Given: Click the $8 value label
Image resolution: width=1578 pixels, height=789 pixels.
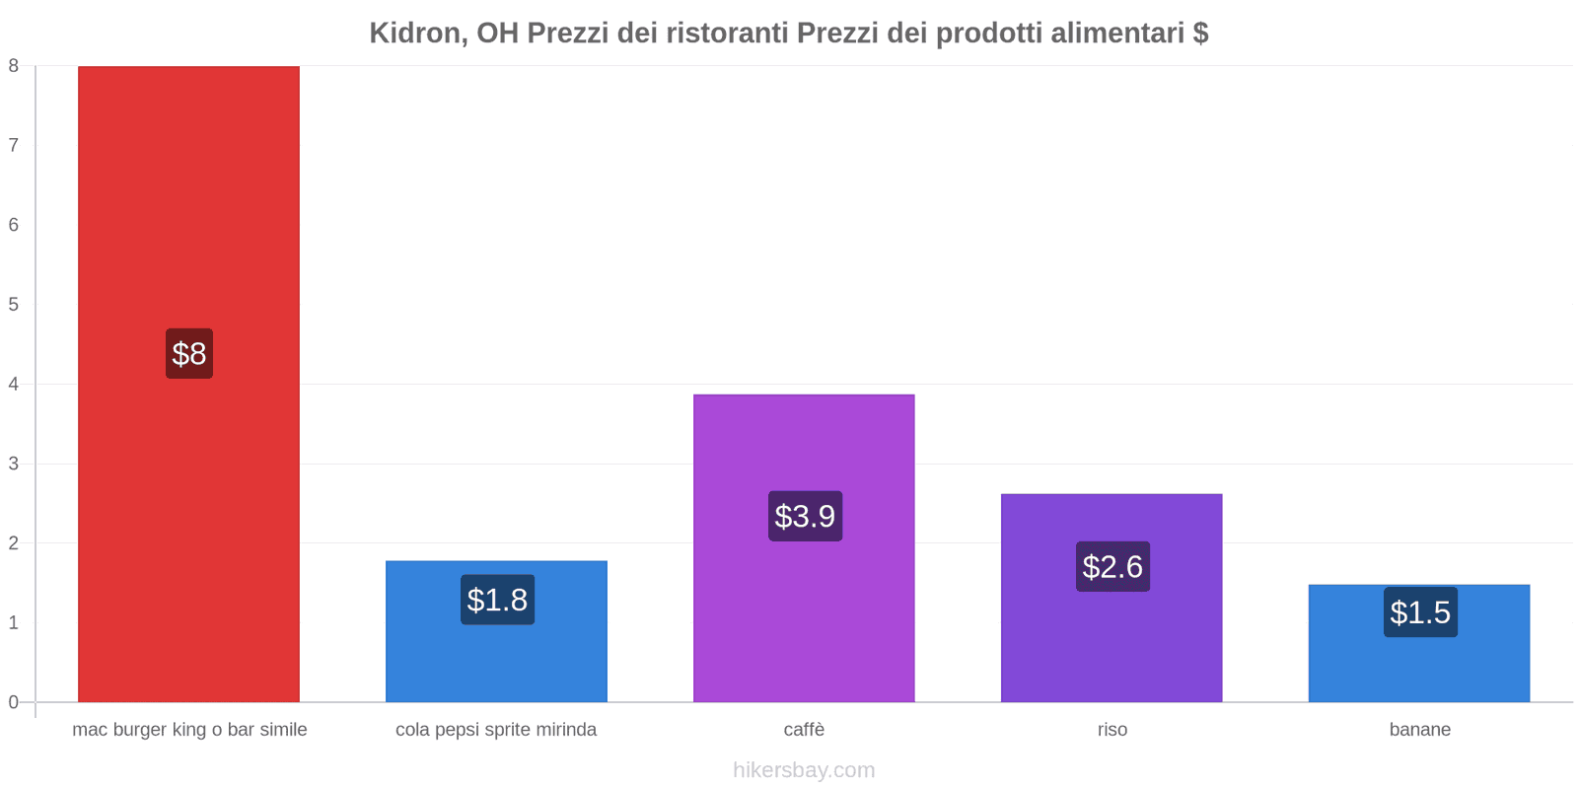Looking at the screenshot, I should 189,353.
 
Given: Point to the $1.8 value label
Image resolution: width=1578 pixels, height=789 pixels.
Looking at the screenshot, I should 497,600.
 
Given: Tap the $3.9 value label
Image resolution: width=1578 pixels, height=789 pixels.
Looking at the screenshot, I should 805,516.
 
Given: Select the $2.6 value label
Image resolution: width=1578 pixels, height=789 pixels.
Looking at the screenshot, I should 1112,566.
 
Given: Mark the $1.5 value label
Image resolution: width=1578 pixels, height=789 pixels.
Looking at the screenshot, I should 1420,612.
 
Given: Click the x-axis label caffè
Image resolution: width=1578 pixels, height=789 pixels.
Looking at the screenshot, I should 804,730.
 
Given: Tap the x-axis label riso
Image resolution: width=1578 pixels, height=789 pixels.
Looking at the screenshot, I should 1112,730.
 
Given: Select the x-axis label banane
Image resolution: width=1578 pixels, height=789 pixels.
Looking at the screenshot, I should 1419,730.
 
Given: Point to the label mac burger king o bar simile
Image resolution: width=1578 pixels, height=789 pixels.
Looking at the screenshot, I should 189,730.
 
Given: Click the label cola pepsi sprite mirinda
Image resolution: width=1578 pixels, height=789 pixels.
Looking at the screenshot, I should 496,730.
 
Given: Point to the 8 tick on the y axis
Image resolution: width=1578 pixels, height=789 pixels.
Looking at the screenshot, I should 14,66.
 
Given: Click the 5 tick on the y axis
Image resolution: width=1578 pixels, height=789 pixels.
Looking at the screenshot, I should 14,305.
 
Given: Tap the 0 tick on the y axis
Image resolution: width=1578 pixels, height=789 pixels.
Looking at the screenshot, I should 14,702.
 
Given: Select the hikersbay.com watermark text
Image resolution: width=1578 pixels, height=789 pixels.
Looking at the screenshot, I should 804,770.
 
